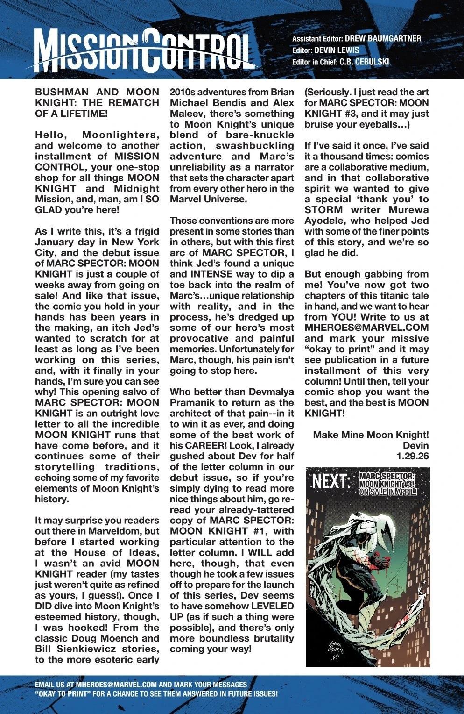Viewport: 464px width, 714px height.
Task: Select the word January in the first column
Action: [58, 242]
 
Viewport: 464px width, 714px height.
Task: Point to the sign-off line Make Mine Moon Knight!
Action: [371, 435]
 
